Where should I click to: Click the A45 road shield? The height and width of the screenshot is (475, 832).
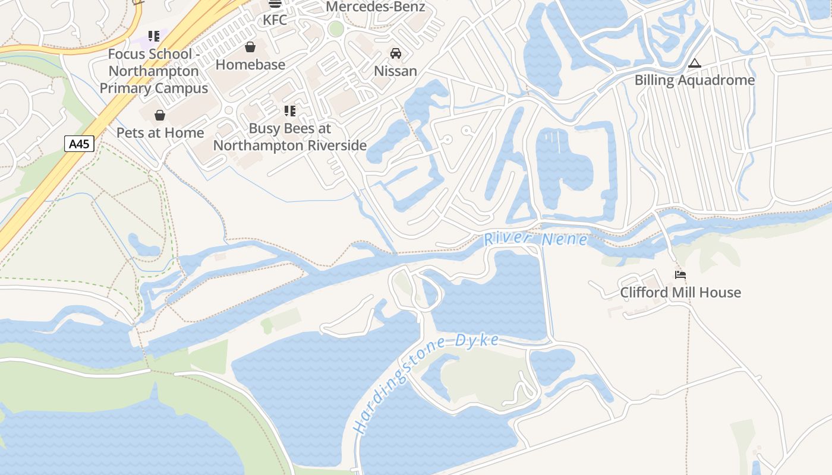79,144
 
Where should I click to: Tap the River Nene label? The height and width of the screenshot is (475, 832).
535,239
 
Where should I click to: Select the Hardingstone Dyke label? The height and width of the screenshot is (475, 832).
426,383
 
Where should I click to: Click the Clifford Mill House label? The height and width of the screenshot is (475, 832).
680,292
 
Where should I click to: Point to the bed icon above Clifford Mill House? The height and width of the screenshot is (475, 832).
680,275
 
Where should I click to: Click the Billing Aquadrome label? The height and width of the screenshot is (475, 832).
694,80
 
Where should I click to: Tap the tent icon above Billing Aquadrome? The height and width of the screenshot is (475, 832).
694,63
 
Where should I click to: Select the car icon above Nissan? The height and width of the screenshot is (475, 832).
395,53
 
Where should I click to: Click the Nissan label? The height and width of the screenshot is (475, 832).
395,71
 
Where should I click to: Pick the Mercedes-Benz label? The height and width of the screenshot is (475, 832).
376,7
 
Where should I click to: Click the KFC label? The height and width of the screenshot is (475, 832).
275,20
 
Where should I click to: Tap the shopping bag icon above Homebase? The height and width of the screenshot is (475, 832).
250,47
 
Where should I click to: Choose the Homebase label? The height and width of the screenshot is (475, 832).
250,64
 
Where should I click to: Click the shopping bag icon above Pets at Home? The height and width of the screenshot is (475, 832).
159,115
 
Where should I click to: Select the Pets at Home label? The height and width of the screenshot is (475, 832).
160,132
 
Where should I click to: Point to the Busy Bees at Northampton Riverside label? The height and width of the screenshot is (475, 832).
290,137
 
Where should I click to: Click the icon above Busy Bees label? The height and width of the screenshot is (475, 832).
289,111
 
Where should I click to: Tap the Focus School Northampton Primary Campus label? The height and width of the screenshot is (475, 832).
153,71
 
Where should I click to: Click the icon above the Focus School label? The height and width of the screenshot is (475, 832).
154,37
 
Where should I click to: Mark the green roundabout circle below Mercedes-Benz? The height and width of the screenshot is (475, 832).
336,28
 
